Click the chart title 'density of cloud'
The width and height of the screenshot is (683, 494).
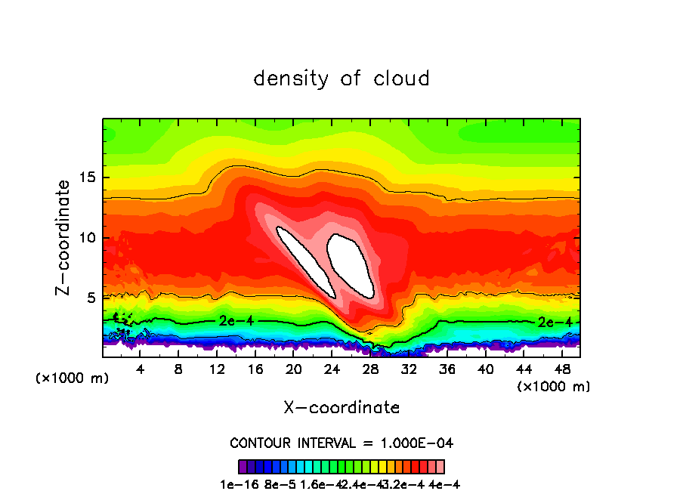pyautogui.click(x=341, y=79)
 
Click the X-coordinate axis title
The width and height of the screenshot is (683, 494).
pyautogui.click(x=341, y=408)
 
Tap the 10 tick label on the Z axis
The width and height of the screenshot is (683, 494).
pyautogui.click(x=88, y=238)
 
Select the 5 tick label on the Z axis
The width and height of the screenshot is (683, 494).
pyautogui.click(x=91, y=298)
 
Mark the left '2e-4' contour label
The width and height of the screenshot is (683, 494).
pyautogui.click(x=235, y=320)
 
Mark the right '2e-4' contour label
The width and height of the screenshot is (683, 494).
pyautogui.click(x=553, y=322)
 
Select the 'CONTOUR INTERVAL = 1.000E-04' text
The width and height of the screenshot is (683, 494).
pyautogui.click(x=341, y=443)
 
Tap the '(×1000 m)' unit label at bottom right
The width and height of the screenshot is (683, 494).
pyautogui.click(x=553, y=387)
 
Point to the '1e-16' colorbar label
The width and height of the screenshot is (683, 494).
pyautogui.click(x=236, y=485)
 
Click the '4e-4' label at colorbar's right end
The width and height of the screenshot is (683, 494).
pyautogui.click(x=444, y=485)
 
